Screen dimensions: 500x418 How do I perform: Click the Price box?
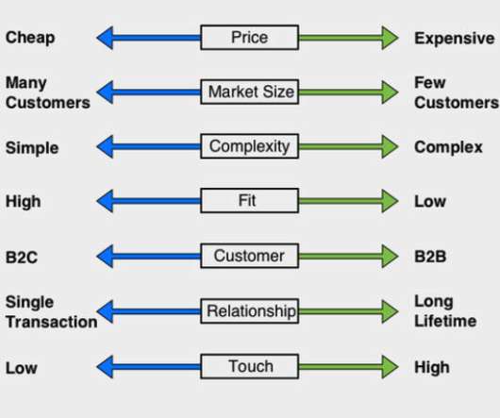pyautogui.click(x=250, y=38)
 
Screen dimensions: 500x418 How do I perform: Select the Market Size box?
pyautogui.click(x=250, y=92)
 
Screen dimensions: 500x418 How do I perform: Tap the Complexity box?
pyautogui.click(x=250, y=146)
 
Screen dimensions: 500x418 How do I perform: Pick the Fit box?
pyautogui.click(x=250, y=201)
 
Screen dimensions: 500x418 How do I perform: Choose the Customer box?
pyautogui.click(x=250, y=256)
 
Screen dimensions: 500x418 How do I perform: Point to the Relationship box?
pyautogui.click(x=250, y=311)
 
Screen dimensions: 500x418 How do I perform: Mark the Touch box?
pyautogui.click(x=250, y=366)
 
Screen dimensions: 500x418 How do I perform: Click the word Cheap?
pyautogui.click(x=30, y=38)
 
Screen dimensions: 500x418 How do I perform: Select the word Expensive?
pyautogui.click(x=455, y=39)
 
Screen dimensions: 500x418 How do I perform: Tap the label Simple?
pyautogui.click(x=32, y=148)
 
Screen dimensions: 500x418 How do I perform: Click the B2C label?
pyautogui.click(x=22, y=257)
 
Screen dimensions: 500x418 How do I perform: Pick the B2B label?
pyautogui.click(x=430, y=257)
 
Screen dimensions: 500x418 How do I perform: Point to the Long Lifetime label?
pyautogui.click(x=445, y=311)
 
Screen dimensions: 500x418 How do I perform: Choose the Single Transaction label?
pyautogui.click(x=52, y=311)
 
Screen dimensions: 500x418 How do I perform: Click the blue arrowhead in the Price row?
pyautogui.click(x=105, y=38)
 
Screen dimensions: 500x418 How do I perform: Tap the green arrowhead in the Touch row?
pyautogui.click(x=390, y=367)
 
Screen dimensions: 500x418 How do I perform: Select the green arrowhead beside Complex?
pyautogui.click(x=390, y=146)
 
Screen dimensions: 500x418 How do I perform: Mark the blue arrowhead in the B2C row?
pyautogui.click(x=105, y=257)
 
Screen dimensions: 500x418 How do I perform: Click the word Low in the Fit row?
pyautogui.click(x=430, y=202)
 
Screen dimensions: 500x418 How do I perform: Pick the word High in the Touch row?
pyautogui.click(x=432, y=367)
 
